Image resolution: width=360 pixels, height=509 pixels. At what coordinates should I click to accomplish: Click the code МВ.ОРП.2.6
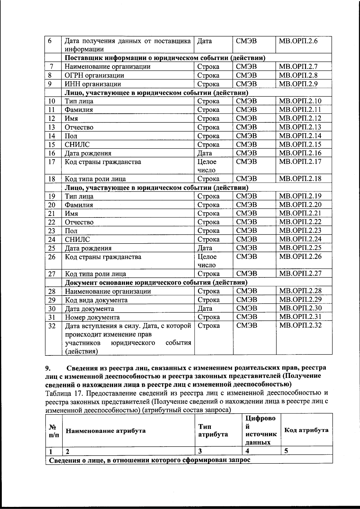point(298,41)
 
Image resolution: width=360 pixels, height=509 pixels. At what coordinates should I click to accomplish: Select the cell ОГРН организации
point(94,75)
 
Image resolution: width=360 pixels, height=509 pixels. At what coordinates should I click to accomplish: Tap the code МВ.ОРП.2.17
point(300,162)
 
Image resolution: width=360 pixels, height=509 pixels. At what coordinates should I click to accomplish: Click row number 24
point(52,239)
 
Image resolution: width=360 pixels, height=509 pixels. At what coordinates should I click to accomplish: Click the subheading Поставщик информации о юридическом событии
point(165,58)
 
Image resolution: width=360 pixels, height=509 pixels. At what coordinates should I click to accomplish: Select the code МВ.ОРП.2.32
point(300,325)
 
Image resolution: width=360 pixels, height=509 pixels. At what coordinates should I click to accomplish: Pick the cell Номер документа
point(92,317)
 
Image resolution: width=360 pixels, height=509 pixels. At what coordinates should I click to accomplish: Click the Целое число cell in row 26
point(207,261)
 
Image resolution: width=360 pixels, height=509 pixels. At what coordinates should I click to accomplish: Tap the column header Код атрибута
point(306,430)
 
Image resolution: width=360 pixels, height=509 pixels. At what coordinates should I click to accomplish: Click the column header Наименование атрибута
point(105,431)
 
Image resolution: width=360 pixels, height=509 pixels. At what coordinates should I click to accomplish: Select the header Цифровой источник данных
point(260,430)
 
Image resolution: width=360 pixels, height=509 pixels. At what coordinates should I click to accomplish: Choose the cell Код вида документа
point(96,300)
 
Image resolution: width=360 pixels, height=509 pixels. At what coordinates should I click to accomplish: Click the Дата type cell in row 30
point(205,308)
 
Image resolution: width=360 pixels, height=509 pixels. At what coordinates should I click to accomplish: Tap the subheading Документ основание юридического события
point(156,283)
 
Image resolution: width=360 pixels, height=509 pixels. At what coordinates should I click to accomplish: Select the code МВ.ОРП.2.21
point(300,213)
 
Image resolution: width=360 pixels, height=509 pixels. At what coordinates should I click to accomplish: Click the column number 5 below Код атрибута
point(286,451)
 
